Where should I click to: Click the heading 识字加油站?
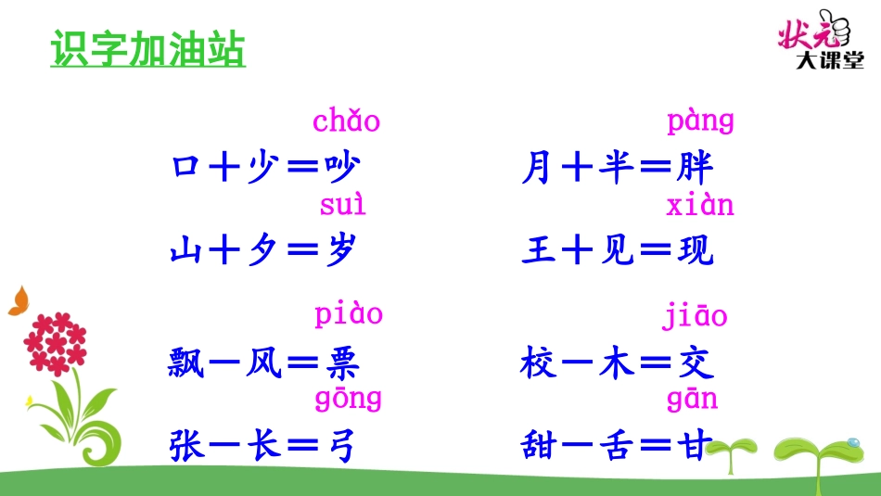point(147,50)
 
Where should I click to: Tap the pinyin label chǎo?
point(346,121)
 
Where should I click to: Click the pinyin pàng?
point(700,121)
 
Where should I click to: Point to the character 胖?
point(696,169)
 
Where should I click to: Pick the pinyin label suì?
point(342,204)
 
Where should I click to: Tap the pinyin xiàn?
point(700,204)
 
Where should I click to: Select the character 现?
point(696,251)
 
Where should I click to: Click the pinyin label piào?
point(348,315)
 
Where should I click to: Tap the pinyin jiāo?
point(695,316)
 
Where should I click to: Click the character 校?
point(540,363)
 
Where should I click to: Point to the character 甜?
point(540,447)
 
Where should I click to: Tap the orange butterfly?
point(19,301)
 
